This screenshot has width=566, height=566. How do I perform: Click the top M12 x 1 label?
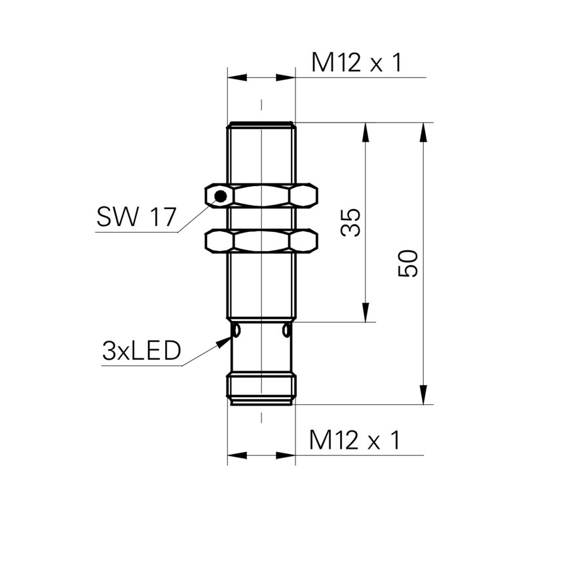point(356,62)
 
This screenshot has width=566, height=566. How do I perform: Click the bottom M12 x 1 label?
point(354,440)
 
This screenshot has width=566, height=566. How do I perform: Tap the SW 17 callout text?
point(136,217)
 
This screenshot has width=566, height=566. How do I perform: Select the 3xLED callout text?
point(141,351)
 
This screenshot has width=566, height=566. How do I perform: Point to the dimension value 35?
point(350,222)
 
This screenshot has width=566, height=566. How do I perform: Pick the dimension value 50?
point(408,263)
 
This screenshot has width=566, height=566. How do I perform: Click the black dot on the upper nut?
point(221,197)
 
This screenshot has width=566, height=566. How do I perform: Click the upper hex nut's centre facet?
point(261,196)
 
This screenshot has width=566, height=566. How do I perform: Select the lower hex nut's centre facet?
point(261,240)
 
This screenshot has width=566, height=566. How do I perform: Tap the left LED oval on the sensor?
point(236,330)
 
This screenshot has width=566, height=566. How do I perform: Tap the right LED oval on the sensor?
point(286,330)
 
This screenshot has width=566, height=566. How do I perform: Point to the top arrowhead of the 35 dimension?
point(366,132)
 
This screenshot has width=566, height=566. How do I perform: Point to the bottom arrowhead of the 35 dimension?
point(366,312)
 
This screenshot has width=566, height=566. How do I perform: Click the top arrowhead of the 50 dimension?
point(423,132)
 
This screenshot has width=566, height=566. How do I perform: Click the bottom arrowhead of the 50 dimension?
point(423,395)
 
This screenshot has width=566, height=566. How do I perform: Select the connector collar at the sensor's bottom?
point(261,390)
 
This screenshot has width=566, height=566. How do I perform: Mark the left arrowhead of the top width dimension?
point(237,77)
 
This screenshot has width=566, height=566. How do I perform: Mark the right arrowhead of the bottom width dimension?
point(286,455)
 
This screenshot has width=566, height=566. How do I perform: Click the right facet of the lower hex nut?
point(303,240)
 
